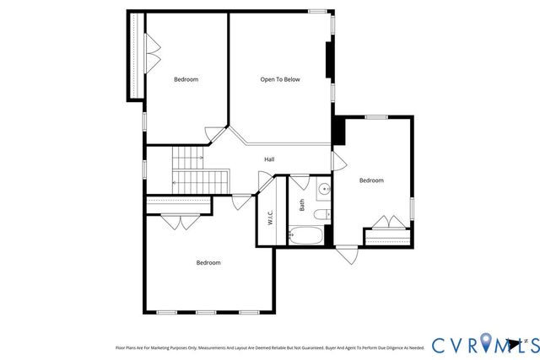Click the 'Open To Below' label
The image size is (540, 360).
click(279, 79)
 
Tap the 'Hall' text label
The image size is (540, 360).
click(269, 159)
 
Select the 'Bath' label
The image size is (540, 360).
click(302, 204)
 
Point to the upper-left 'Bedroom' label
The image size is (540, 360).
click(186, 79)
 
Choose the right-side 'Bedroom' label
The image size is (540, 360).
click(371, 180)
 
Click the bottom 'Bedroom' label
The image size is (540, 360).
click(208, 262)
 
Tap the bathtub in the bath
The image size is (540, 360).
click(305, 234)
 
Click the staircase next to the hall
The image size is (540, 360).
click(200, 169)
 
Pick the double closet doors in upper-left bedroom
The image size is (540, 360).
click(152, 55)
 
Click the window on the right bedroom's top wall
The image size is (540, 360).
click(375, 117)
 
